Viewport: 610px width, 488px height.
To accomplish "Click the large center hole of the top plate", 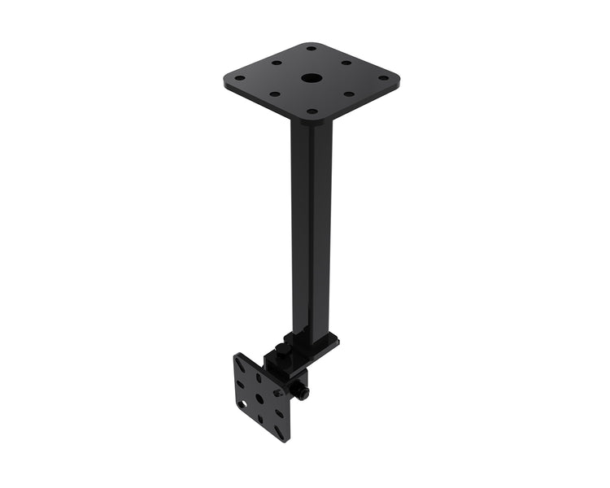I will point(311,79).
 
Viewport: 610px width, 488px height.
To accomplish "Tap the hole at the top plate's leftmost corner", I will point(239,79).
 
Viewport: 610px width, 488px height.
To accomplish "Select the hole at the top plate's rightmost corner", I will point(382,78).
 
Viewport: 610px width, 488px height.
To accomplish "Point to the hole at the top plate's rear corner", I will point(311,49).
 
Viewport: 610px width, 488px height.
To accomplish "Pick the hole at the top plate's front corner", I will point(311,111).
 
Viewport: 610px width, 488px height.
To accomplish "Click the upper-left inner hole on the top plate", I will point(276,63).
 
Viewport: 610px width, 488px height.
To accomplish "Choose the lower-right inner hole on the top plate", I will point(348,94).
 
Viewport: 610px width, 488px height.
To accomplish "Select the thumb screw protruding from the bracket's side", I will point(303,392).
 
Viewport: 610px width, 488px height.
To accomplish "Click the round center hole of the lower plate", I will point(259,399).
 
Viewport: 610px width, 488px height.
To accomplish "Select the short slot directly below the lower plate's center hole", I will point(260,418).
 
